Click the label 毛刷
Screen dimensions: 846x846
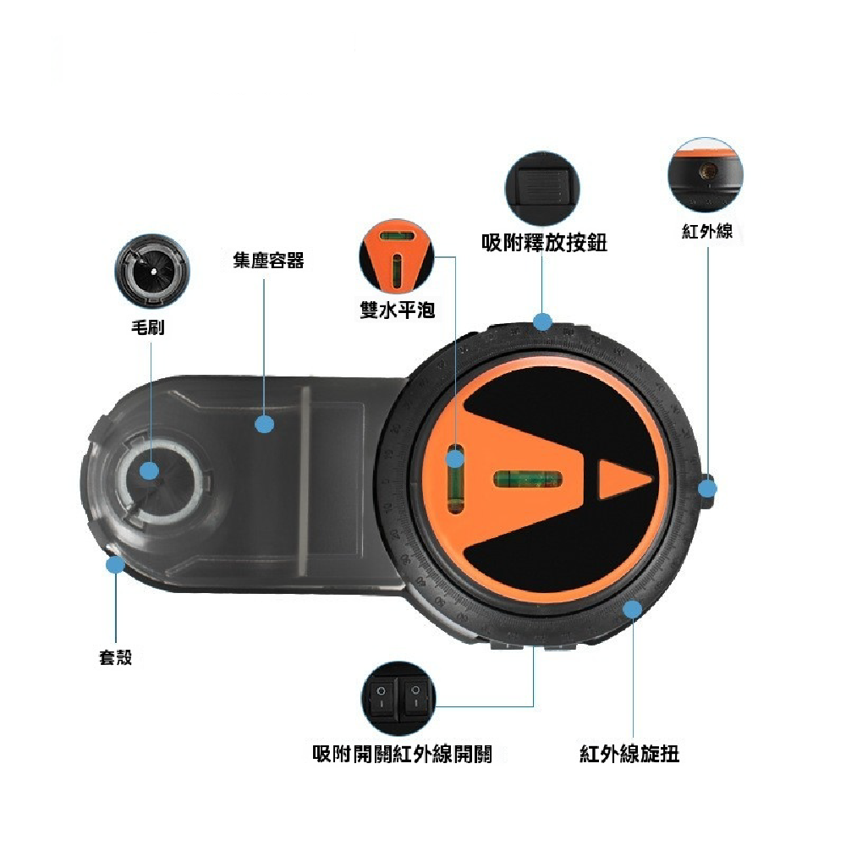[x=147, y=327]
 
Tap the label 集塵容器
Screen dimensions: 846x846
[x=268, y=260]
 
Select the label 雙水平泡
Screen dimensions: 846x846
[x=397, y=310]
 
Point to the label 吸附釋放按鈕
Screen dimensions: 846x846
[x=544, y=242]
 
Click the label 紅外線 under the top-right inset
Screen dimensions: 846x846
[x=707, y=232]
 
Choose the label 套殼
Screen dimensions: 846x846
[x=115, y=657]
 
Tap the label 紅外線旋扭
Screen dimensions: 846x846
[x=629, y=754]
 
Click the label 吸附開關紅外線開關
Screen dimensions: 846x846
[x=403, y=754]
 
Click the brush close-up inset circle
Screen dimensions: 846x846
[x=152, y=271]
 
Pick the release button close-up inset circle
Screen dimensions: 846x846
[x=543, y=189]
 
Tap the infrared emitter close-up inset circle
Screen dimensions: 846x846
[x=706, y=173]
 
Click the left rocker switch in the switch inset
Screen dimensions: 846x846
[x=382, y=697]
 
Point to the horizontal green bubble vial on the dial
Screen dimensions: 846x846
[x=528, y=479]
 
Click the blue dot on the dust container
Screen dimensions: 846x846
[x=264, y=424]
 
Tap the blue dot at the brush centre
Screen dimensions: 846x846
[x=149, y=470]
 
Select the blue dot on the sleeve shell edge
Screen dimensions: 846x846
[x=115, y=565]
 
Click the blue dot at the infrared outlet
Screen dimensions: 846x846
[x=707, y=489]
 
